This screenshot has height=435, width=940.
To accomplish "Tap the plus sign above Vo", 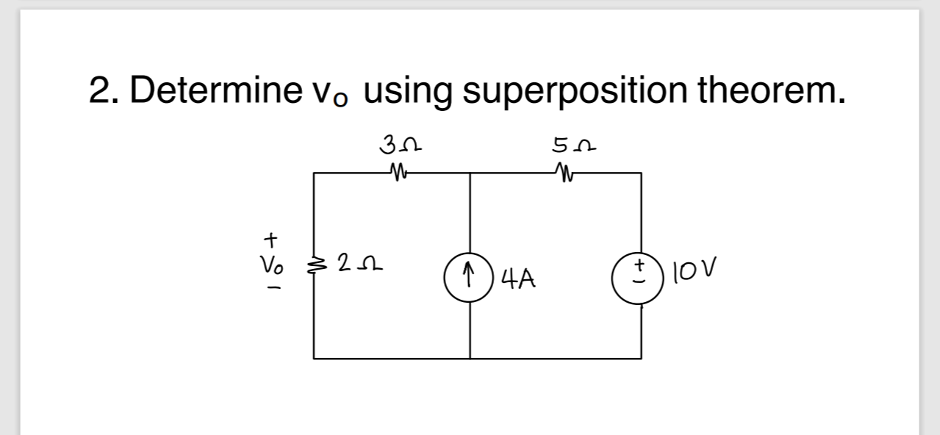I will point(271,239).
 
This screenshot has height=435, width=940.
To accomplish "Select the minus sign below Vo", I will point(271,289).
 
